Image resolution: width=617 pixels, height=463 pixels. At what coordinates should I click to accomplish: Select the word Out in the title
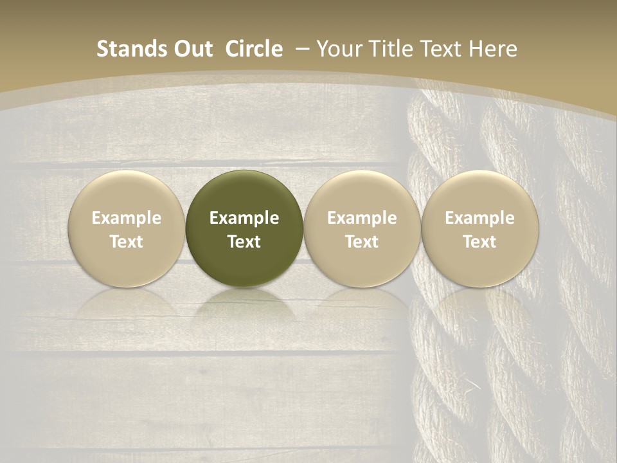pyautogui.click(x=191, y=49)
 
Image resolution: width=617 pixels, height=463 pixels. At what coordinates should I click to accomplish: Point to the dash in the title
pyautogui.click(x=301, y=49)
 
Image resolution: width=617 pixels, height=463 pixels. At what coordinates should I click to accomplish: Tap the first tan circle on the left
pyautogui.click(x=127, y=228)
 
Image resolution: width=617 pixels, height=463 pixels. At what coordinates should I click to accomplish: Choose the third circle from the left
pyautogui.click(x=362, y=228)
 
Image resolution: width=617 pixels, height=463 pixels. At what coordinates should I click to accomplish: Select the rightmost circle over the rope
pyautogui.click(x=480, y=228)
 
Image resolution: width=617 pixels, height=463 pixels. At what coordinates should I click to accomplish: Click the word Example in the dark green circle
pyautogui.click(x=244, y=218)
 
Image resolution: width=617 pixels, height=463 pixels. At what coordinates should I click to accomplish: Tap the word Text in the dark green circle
pyautogui.click(x=244, y=242)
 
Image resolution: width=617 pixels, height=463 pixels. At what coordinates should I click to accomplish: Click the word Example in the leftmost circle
pyautogui.click(x=127, y=218)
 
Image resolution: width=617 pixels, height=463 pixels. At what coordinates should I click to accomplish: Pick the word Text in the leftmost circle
pyautogui.click(x=127, y=242)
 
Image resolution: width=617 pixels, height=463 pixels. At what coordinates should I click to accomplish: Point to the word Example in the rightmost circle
pyautogui.click(x=480, y=218)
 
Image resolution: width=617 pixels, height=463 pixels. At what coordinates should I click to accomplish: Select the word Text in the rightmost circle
pyautogui.click(x=480, y=242)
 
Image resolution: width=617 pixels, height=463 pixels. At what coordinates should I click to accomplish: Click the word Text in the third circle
pyautogui.click(x=362, y=242)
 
